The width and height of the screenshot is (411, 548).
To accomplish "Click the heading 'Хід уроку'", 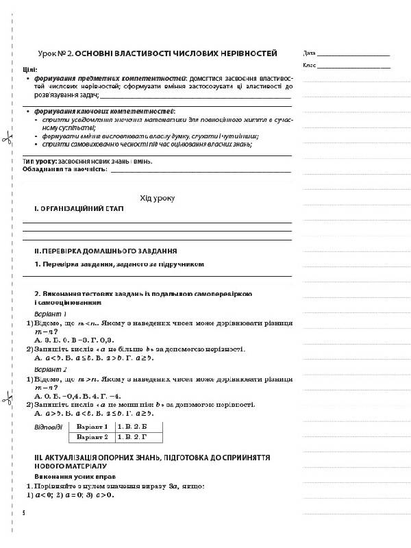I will [x=157, y=198].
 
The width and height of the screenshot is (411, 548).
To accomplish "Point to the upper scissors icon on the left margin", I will [x=6, y=140].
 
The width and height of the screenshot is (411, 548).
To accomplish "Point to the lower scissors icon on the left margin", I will [x=6, y=398].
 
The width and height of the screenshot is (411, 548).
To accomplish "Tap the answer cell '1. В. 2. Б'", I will [x=134, y=426].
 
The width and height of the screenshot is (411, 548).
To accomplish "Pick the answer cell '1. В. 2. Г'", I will [x=134, y=436].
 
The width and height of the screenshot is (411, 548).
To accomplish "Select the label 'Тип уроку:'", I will [x=40, y=162].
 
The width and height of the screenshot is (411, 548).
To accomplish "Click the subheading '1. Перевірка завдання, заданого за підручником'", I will [x=120, y=264].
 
